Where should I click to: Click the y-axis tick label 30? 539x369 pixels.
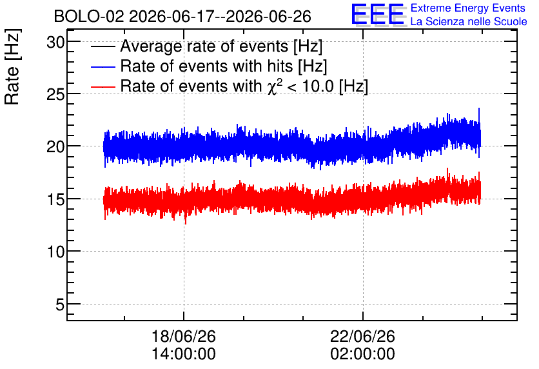(55, 43)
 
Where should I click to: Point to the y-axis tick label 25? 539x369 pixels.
(55, 95)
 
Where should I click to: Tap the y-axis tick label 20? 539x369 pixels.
(55, 147)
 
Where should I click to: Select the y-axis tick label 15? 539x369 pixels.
(55, 200)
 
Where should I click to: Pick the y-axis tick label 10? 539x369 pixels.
(55, 252)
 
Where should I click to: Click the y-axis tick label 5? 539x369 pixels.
(60, 304)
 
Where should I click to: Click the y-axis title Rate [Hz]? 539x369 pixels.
(12, 66)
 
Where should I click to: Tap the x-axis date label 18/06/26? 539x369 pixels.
(184, 336)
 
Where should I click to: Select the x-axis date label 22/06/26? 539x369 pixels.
(362, 336)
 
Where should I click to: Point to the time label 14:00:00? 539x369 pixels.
(184, 354)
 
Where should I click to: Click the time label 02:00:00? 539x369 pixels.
(362, 354)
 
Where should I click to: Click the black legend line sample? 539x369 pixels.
(103, 46)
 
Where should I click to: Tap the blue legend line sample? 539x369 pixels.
(103, 66)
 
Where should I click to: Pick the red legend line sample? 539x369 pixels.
(103, 86)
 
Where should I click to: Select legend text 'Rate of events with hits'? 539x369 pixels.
(206, 66)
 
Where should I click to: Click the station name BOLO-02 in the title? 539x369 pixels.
(89, 16)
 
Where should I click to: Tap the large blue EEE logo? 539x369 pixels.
(377, 14)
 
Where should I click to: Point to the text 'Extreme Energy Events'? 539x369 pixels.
(468, 8)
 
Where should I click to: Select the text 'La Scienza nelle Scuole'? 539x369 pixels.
(469, 22)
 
